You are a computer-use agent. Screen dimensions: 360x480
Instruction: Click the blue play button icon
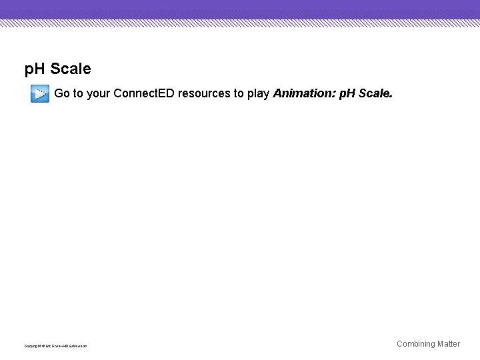coord(39,94)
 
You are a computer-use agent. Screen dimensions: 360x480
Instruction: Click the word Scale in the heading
coord(71,69)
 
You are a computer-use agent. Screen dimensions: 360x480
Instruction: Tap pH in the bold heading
coord(35,69)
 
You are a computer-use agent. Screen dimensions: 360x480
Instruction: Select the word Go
coord(61,93)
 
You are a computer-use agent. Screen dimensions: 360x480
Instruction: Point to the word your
coord(98,93)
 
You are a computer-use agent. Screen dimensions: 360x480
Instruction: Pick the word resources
coord(204,93)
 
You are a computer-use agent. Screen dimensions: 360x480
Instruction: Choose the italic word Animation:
coord(305,93)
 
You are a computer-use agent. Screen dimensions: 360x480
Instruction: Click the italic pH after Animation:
coord(347,93)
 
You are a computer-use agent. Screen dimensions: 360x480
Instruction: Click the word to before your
coord(78,93)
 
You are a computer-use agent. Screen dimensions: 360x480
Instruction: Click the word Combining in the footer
coord(415,344)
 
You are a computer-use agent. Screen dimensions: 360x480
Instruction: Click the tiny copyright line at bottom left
coord(55,346)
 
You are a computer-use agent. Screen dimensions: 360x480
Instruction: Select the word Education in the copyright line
coord(78,346)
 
